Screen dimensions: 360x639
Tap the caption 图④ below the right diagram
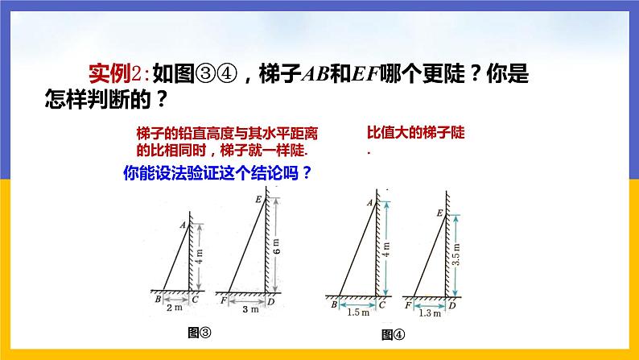pyautogui.click(x=393, y=334)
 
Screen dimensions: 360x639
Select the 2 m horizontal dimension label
pyautogui.click(x=176, y=306)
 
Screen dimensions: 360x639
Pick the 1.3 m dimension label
pyautogui.click(x=431, y=313)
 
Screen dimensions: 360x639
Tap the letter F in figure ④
pyautogui.click(x=410, y=305)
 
